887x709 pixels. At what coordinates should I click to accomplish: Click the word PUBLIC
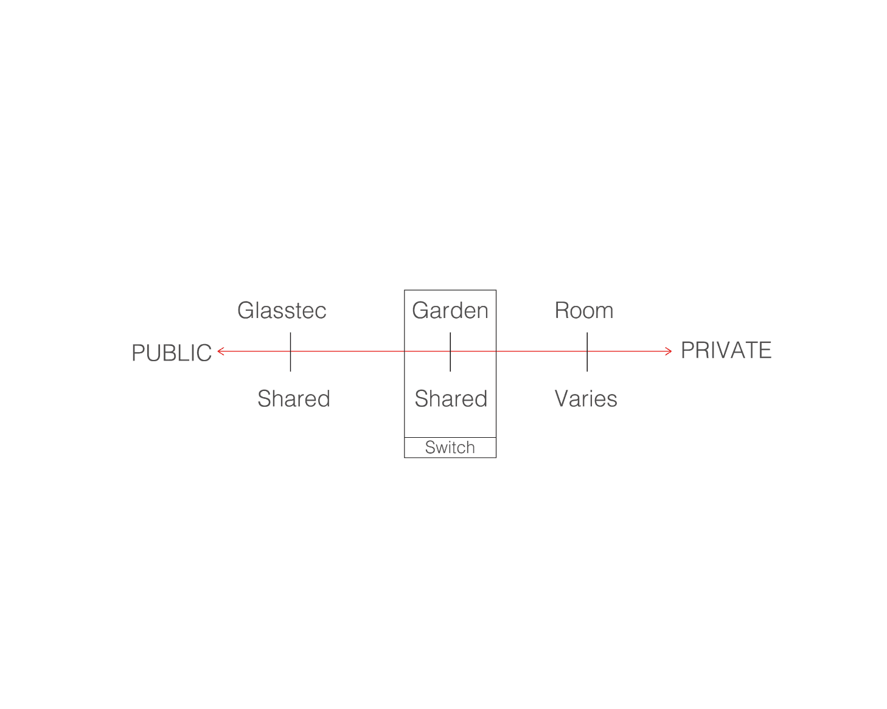pyautogui.click(x=172, y=353)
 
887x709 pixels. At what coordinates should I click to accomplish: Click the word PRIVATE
pyautogui.click(x=726, y=350)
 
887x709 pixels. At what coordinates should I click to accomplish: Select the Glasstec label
pyautogui.click(x=282, y=310)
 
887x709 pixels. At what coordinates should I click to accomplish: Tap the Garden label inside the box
pyautogui.click(x=450, y=310)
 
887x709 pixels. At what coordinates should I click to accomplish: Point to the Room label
pyautogui.click(x=583, y=310)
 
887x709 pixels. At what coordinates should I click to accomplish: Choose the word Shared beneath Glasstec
pyautogui.click(x=293, y=398)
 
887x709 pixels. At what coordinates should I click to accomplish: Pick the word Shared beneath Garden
pyautogui.click(x=451, y=398)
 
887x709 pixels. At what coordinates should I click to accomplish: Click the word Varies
pyautogui.click(x=586, y=398)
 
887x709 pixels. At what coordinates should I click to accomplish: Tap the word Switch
pyautogui.click(x=450, y=448)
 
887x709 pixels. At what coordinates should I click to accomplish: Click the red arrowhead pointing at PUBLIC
pyautogui.click(x=220, y=351)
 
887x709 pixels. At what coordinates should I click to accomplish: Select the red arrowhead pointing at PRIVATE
pyautogui.click(x=668, y=351)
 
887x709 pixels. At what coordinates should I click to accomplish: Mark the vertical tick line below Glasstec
pyautogui.click(x=291, y=352)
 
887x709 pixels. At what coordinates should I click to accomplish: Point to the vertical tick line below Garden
pyautogui.click(x=450, y=352)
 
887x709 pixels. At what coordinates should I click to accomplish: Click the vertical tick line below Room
pyautogui.click(x=587, y=352)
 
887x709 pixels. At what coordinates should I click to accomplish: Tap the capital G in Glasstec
pyautogui.click(x=246, y=310)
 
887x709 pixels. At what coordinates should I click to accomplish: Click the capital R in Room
pyautogui.click(x=562, y=310)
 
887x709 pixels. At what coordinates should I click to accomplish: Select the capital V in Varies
pyautogui.click(x=563, y=398)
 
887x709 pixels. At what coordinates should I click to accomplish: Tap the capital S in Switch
pyautogui.click(x=430, y=448)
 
